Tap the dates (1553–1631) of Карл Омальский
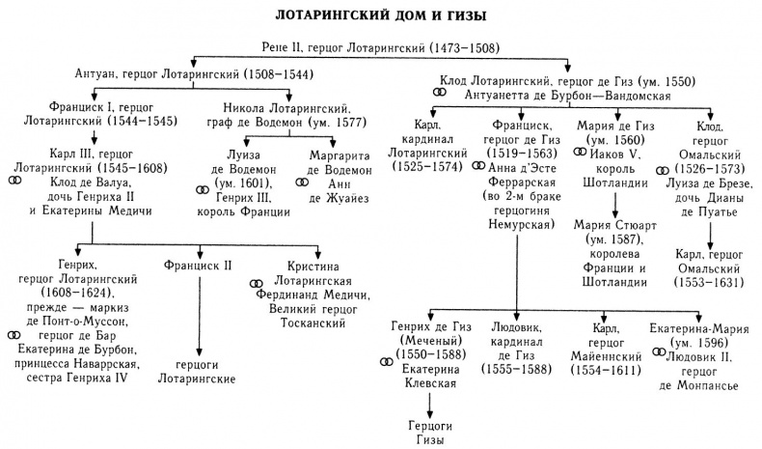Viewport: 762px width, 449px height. [x=712, y=283]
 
